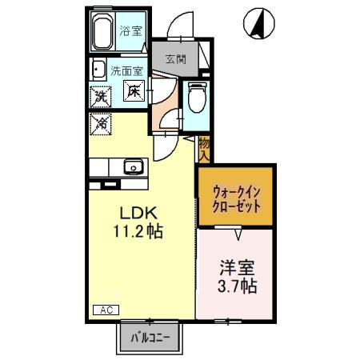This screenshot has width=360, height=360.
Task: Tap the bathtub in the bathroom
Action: pyautogui.click(x=102, y=34)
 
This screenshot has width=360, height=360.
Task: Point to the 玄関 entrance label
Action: pyautogui.click(x=177, y=58)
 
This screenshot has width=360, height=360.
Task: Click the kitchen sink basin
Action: pyautogui.click(x=132, y=167)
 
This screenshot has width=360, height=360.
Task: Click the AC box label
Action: pyautogui.click(x=106, y=309)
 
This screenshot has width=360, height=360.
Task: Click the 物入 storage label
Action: pyautogui.click(x=204, y=149)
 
